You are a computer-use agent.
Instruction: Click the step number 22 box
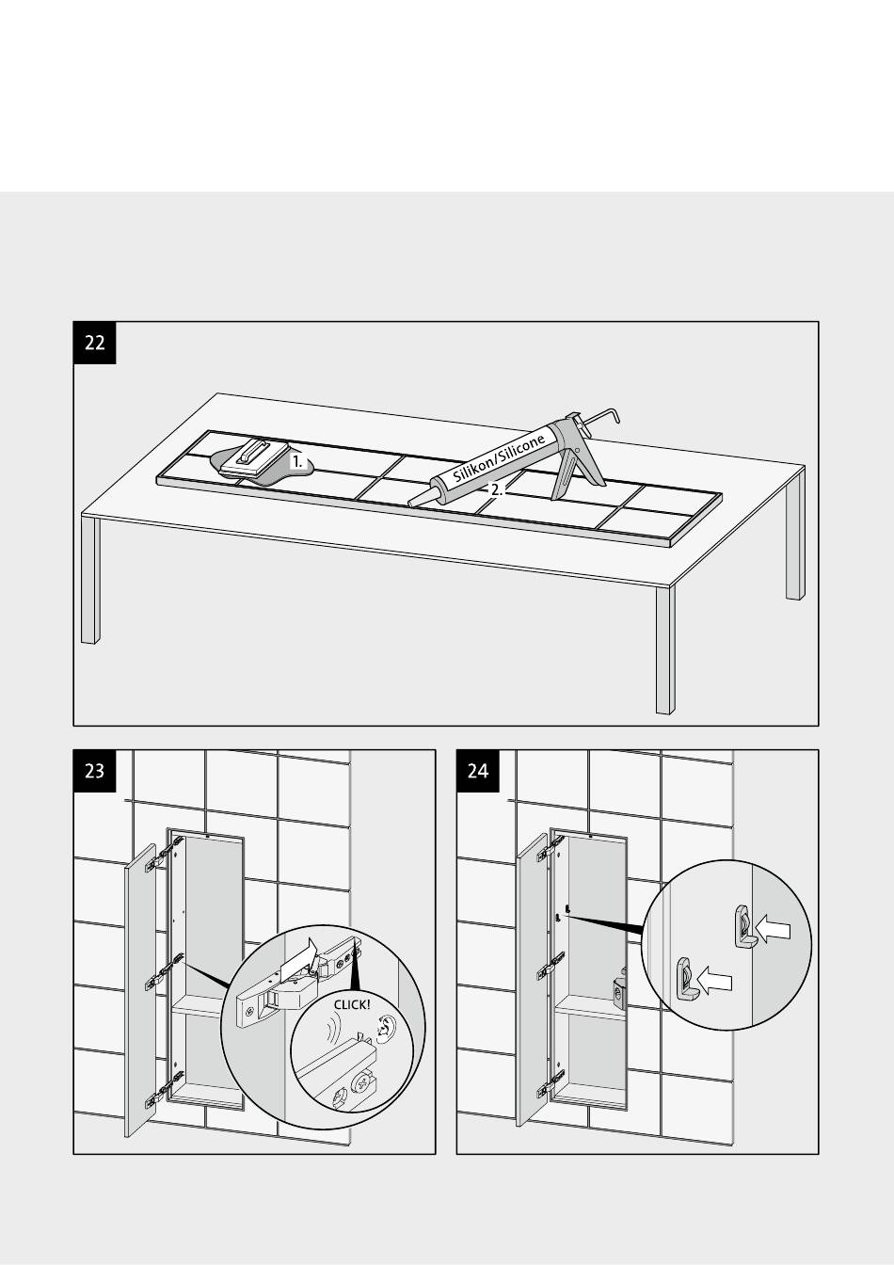94,343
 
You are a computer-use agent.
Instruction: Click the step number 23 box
94,771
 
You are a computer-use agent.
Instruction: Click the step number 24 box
478,771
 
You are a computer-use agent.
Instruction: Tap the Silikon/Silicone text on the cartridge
500,458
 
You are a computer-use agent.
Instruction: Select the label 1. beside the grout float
297,462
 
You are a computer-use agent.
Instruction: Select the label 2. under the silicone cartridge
495,489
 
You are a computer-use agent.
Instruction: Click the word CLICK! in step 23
352,1004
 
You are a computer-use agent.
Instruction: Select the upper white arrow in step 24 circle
773,930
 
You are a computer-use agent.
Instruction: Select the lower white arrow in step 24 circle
714,980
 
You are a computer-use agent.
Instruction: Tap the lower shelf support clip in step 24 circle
685,978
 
